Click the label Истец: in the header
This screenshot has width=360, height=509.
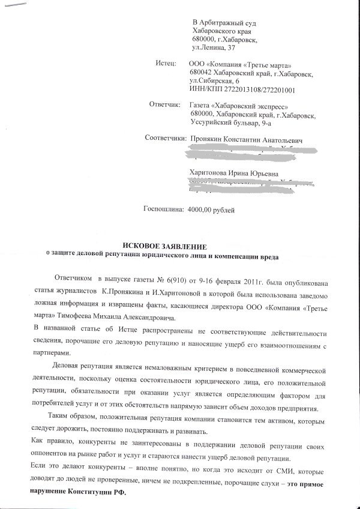click(165, 62)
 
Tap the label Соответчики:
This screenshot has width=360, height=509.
click(166, 139)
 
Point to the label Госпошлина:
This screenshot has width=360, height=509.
click(163, 211)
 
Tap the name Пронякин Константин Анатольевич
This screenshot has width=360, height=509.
click(244, 140)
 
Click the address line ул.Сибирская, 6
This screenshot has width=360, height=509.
click(214, 80)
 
